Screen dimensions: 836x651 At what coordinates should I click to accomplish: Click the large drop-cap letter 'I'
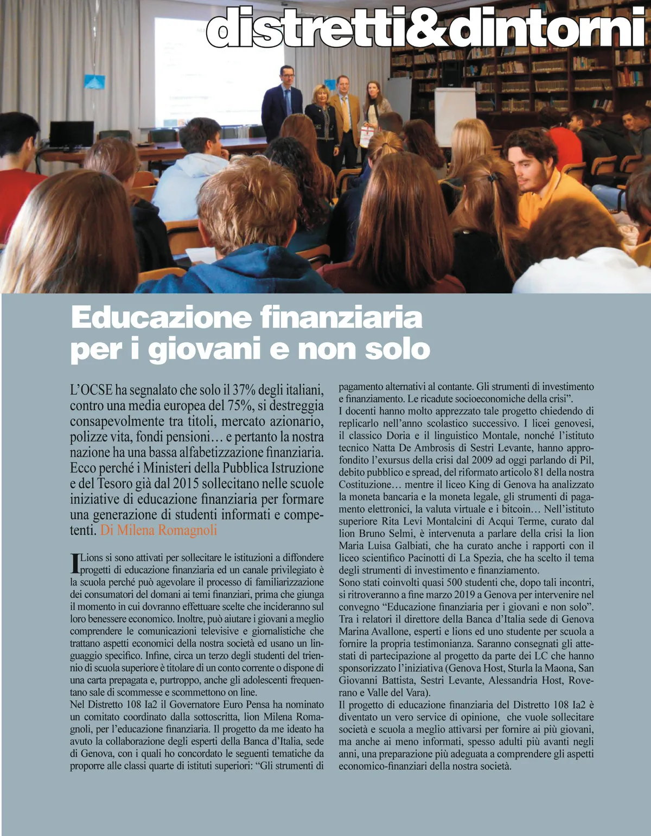(x=75, y=564)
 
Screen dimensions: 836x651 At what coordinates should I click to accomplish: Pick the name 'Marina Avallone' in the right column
(x=371, y=631)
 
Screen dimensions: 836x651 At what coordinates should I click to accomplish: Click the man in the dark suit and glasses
(x=282, y=100)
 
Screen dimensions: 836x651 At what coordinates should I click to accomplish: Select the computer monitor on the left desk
(x=71, y=134)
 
